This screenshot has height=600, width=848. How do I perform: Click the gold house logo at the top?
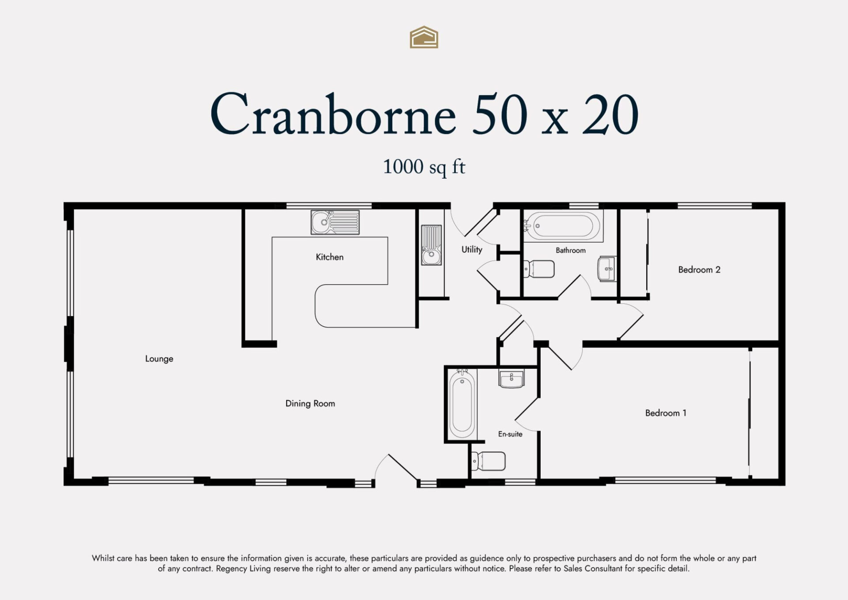tap(424, 37)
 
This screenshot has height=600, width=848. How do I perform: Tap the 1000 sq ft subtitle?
tap(424, 167)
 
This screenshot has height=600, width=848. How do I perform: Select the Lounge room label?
tap(159, 359)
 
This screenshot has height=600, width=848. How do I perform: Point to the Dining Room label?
tap(310, 404)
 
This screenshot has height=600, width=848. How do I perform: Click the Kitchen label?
tap(329, 257)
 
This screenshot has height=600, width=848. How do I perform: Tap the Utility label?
tap(472, 250)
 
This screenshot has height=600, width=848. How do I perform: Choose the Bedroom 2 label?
tap(699, 270)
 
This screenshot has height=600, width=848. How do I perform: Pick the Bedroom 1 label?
tap(666, 413)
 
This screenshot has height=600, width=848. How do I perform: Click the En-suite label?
tap(510, 434)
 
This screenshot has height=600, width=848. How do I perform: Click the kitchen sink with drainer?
tap(335, 222)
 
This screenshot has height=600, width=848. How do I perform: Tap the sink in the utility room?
tap(431, 245)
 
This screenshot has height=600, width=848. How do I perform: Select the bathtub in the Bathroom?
tap(563, 226)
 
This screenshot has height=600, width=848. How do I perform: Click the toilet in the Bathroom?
tap(538, 269)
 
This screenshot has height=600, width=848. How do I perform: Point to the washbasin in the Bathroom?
tap(606, 269)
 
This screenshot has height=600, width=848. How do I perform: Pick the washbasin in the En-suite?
tap(511, 379)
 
